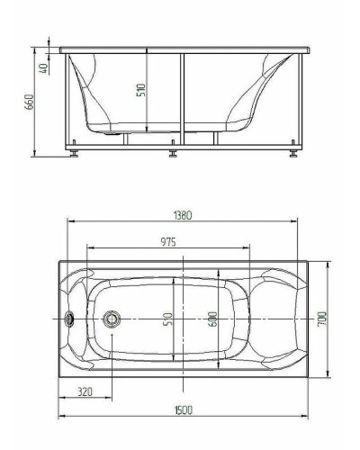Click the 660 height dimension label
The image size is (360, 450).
[30, 102]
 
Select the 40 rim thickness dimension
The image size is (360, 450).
[43, 68]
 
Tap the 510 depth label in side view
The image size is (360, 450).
[141, 90]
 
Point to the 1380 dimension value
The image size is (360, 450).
[183, 215]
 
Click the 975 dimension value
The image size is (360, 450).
[168, 241]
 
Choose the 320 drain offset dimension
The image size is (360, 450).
[85, 391]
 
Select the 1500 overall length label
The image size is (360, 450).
[184, 409]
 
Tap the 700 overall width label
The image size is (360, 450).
[322, 319]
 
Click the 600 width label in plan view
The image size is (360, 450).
[212, 319]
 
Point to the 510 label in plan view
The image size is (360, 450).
[168, 319]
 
